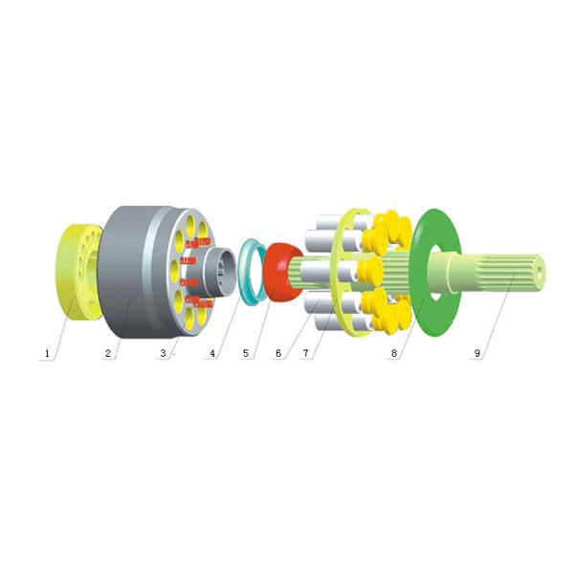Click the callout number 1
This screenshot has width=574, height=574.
click(x=47, y=354)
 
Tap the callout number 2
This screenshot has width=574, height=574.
click(x=108, y=353)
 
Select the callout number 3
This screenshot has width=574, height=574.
click(x=163, y=353)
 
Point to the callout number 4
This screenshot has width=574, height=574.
click(x=212, y=353)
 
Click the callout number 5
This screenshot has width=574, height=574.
click(x=246, y=353)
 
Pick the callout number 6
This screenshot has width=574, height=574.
click(x=278, y=353)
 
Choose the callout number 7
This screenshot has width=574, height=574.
click(x=306, y=353)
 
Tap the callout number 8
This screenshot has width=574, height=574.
click(x=394, y=353)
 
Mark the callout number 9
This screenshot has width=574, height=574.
click(x=477, y=353)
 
